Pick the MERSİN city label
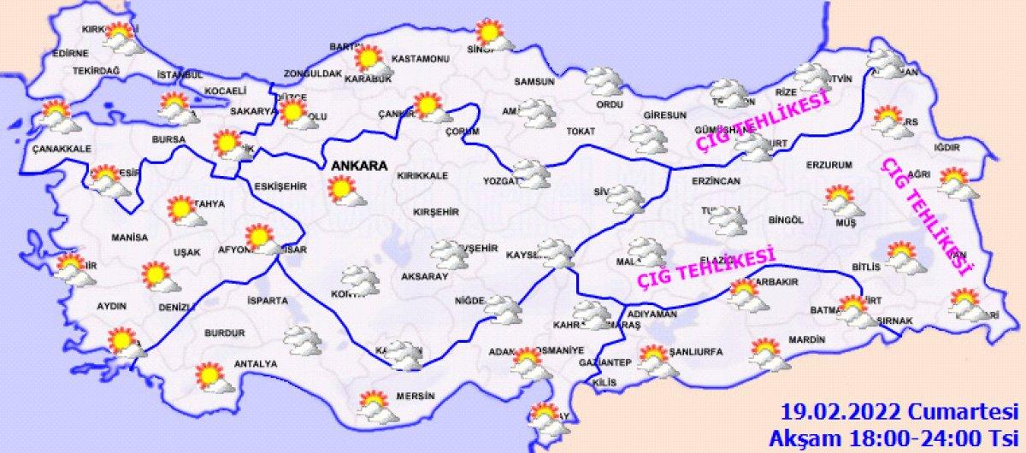pos(416,397)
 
